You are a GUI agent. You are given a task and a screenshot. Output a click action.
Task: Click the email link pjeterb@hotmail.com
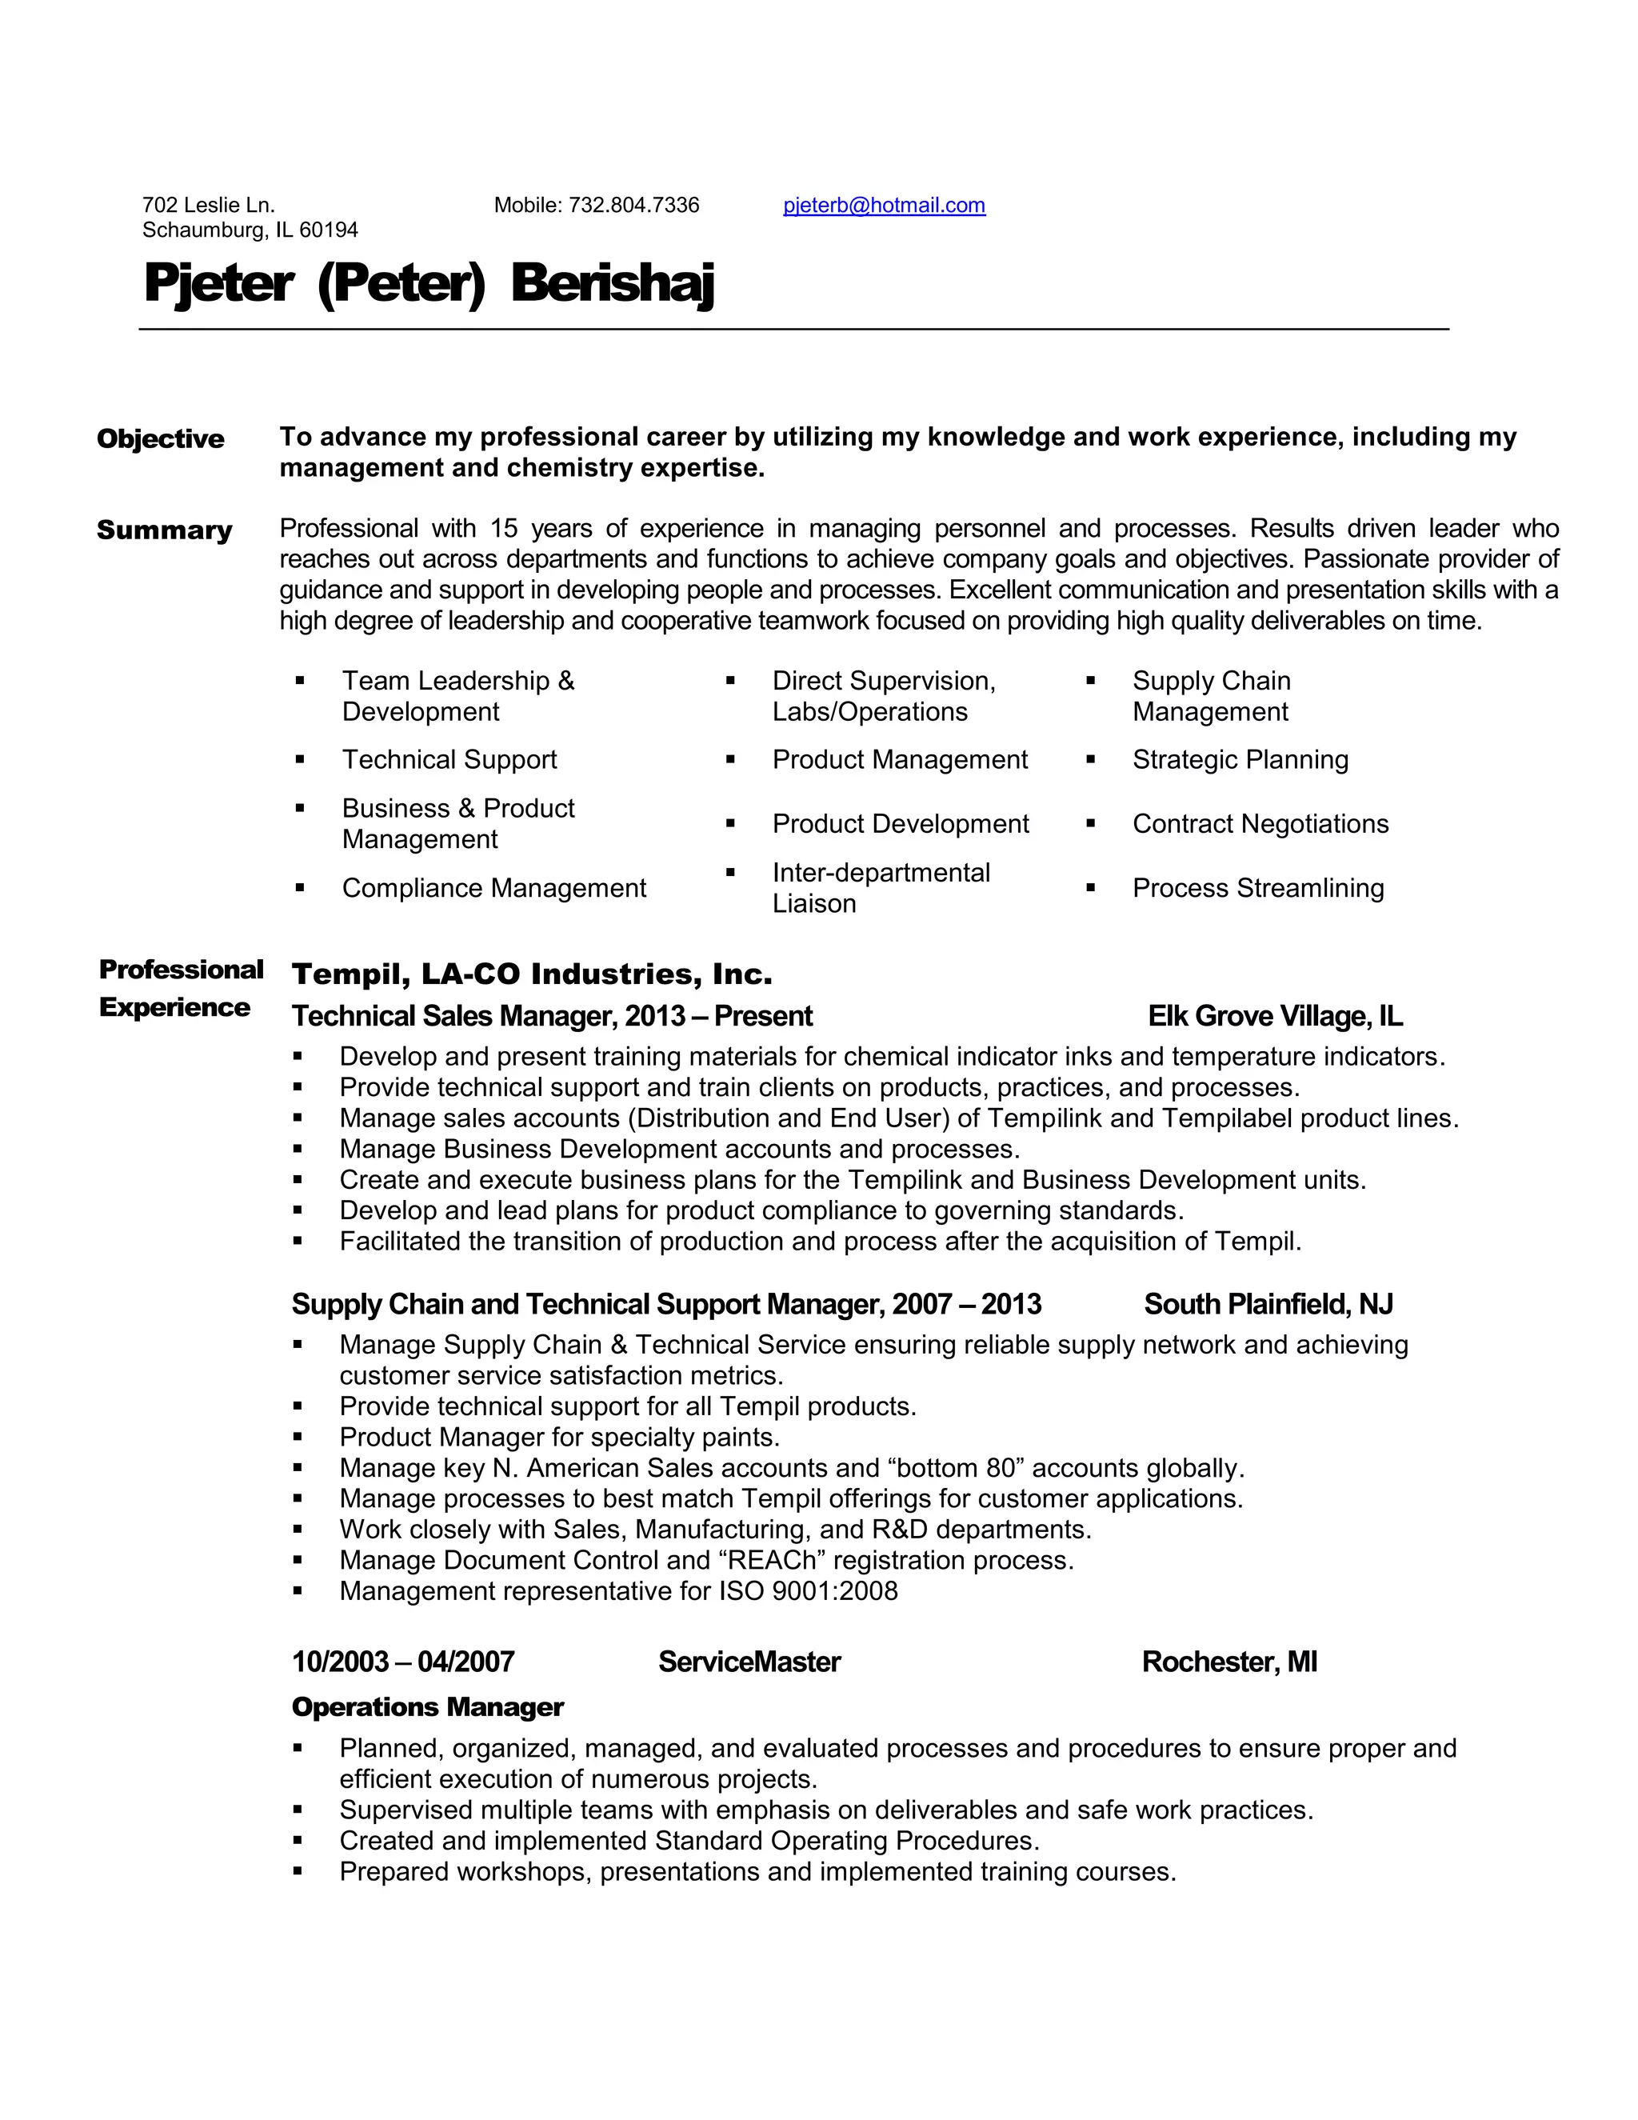pos(884,206)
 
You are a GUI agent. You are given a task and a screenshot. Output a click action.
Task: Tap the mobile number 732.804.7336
pos(633,206)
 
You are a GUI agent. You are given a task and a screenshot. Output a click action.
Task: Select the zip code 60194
pos(329,230)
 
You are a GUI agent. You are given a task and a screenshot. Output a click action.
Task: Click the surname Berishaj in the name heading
pos(613,285)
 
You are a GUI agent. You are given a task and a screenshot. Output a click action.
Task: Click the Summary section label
pos(164,530)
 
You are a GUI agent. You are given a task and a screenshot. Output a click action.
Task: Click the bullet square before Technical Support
pos(300,759)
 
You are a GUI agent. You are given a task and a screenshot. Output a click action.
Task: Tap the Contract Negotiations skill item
pos(1260,824)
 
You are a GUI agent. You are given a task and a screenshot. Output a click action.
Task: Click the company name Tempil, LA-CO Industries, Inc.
pos(532,974)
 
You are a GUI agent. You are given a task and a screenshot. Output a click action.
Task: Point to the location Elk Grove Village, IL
pos(1274,1016)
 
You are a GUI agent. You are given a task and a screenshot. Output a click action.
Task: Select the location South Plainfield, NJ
pos(1268,1305)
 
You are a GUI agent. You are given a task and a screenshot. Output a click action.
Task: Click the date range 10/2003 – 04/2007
pos(403,1662)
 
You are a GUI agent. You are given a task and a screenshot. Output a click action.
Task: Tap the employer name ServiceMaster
pos(749,1662)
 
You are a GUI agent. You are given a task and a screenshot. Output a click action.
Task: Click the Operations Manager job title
pos(427,1707)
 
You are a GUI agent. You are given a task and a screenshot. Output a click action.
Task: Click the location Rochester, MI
pos(1228,1662)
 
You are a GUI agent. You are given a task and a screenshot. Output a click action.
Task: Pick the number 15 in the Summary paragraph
pos(504,529)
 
